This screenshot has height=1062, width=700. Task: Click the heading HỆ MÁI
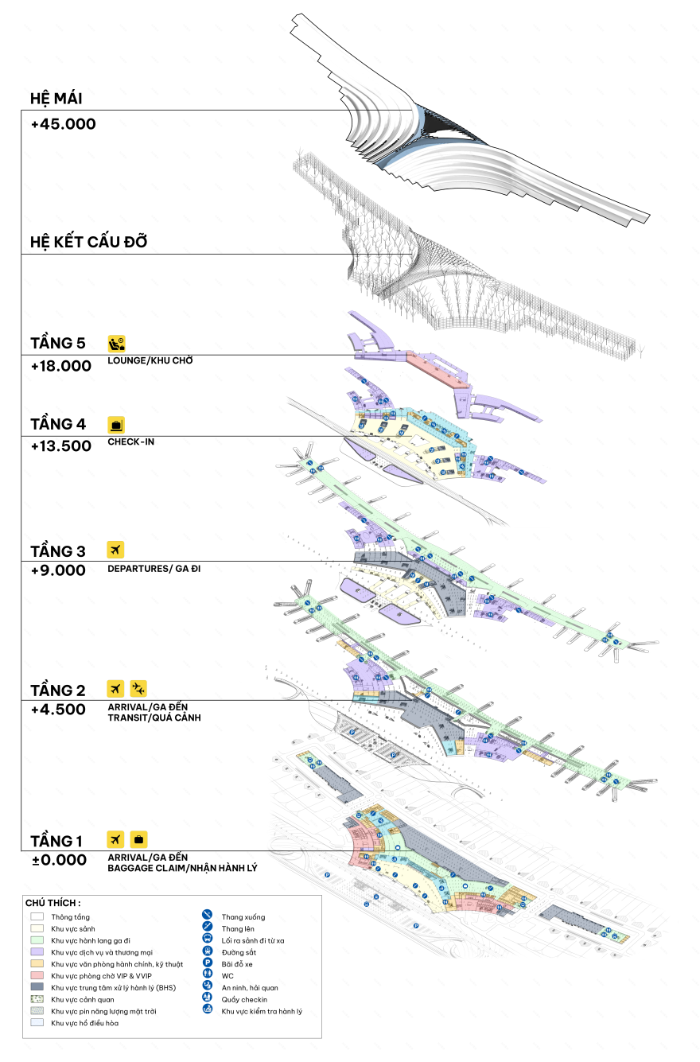(56, 99)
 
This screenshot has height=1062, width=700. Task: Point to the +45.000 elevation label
(63, 124)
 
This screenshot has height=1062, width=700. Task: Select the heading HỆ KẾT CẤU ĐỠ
(88, 242)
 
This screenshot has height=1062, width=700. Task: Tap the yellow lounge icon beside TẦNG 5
(117, 344)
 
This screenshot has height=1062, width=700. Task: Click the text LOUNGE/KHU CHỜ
(150, 360)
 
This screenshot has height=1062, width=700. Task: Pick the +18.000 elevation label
(60, 366)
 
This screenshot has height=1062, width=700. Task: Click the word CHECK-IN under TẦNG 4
(130, 442)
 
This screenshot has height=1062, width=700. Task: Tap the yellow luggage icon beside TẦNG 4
(117, 424)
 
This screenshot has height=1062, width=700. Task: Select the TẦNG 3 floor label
(57, 551)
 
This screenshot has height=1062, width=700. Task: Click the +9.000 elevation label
(57, 570)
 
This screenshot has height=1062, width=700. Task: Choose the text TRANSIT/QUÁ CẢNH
(154, 718)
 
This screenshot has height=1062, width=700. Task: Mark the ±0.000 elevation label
(58, 860)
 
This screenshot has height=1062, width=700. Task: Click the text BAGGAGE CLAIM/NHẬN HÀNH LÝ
(181, 868)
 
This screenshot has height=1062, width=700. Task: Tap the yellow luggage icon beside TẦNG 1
(138, 839)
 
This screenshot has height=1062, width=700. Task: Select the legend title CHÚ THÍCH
(52, 904)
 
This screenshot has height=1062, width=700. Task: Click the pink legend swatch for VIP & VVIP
(37, 974)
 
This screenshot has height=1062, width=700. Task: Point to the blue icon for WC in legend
(207, 975)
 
